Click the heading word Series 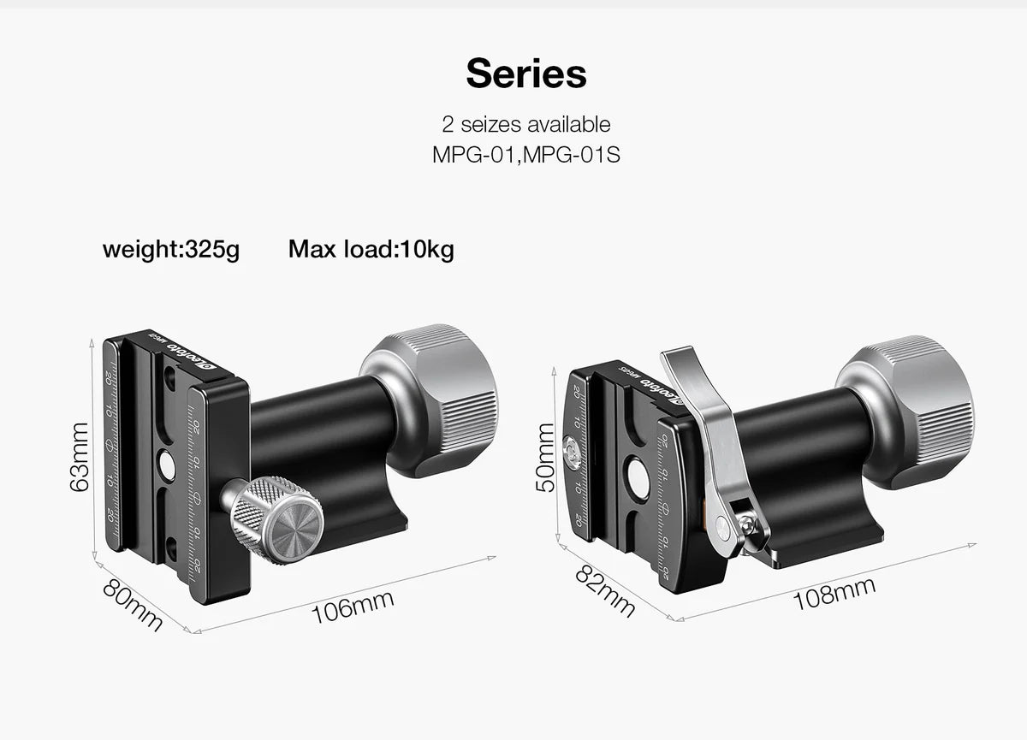pyautogui.click(x=525, y=74)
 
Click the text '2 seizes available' pyautogui.click(x=525, y=124)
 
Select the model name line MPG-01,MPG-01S pyautogui.click(x=525, y=157)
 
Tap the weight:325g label pyautogui.click(x=171, y=250)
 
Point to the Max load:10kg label pyautogui.click(x=371, y=250)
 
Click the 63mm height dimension pyautogui.click(x=78, y=456)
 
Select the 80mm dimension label pyautogui.click(x=133, y=605)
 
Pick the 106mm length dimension pyautogui.click(x=353, y=602)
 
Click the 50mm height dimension pyautogui.click(x=544, y=459)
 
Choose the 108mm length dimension pyautogui.click(x=834, y=592)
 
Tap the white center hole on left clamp pyautogui.click(x=167, y=466)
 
